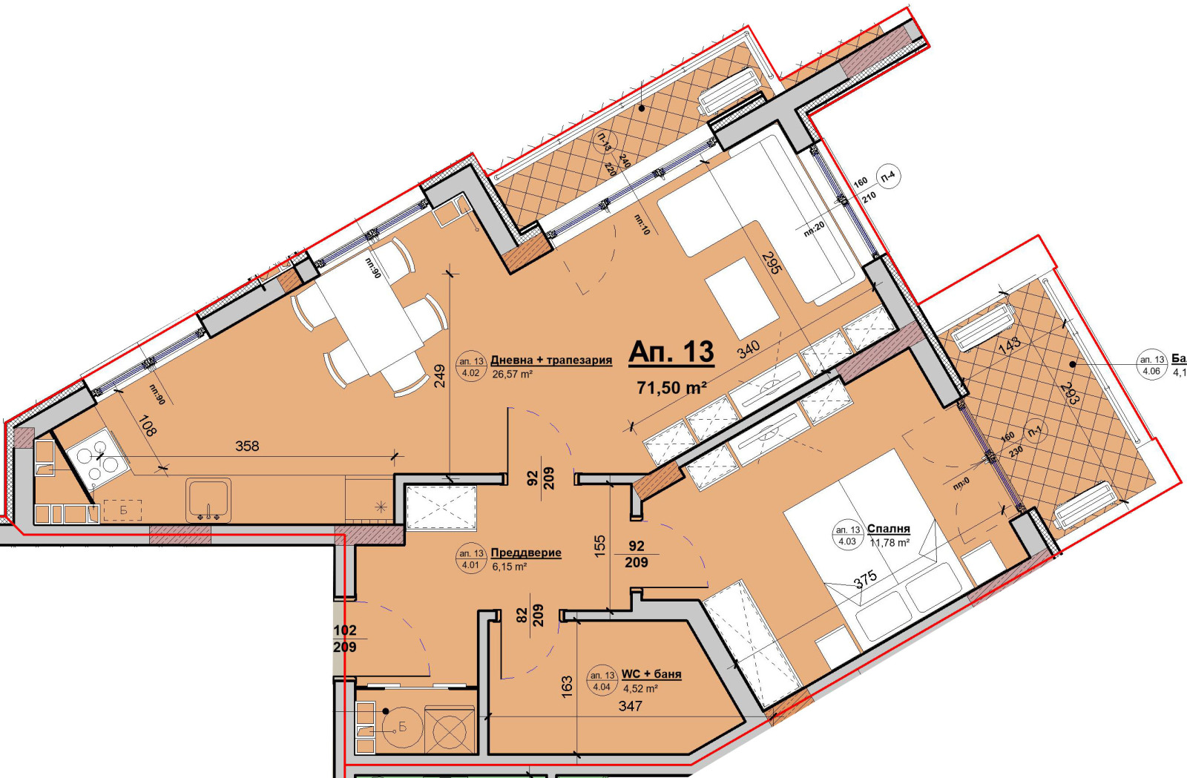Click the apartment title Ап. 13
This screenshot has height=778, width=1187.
(x=671, y=352)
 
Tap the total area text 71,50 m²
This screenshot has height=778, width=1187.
(x=671, y=387)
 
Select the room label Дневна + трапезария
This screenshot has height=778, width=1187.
(x=551, y=360)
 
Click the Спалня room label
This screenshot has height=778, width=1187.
(x=888, y=529)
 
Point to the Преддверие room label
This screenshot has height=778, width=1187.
(x=526, y=553)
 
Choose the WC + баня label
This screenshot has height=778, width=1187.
(x=651, y=674)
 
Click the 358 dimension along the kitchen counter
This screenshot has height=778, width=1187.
(x=247, y=446)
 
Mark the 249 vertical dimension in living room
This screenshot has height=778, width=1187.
(x=439, y=376)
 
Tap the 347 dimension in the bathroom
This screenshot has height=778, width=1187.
(x=630, y=706)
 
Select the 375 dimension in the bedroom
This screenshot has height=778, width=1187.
(x=865, y=578)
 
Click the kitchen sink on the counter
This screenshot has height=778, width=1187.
(x=208, y=500)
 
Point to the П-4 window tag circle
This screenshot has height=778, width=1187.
(x=888, y=177)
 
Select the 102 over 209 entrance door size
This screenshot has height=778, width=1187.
(x=345, y=639)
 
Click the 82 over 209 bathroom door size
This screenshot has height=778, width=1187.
(x=530, y=615)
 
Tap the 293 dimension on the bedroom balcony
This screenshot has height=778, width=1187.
(x=1070, y=393)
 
